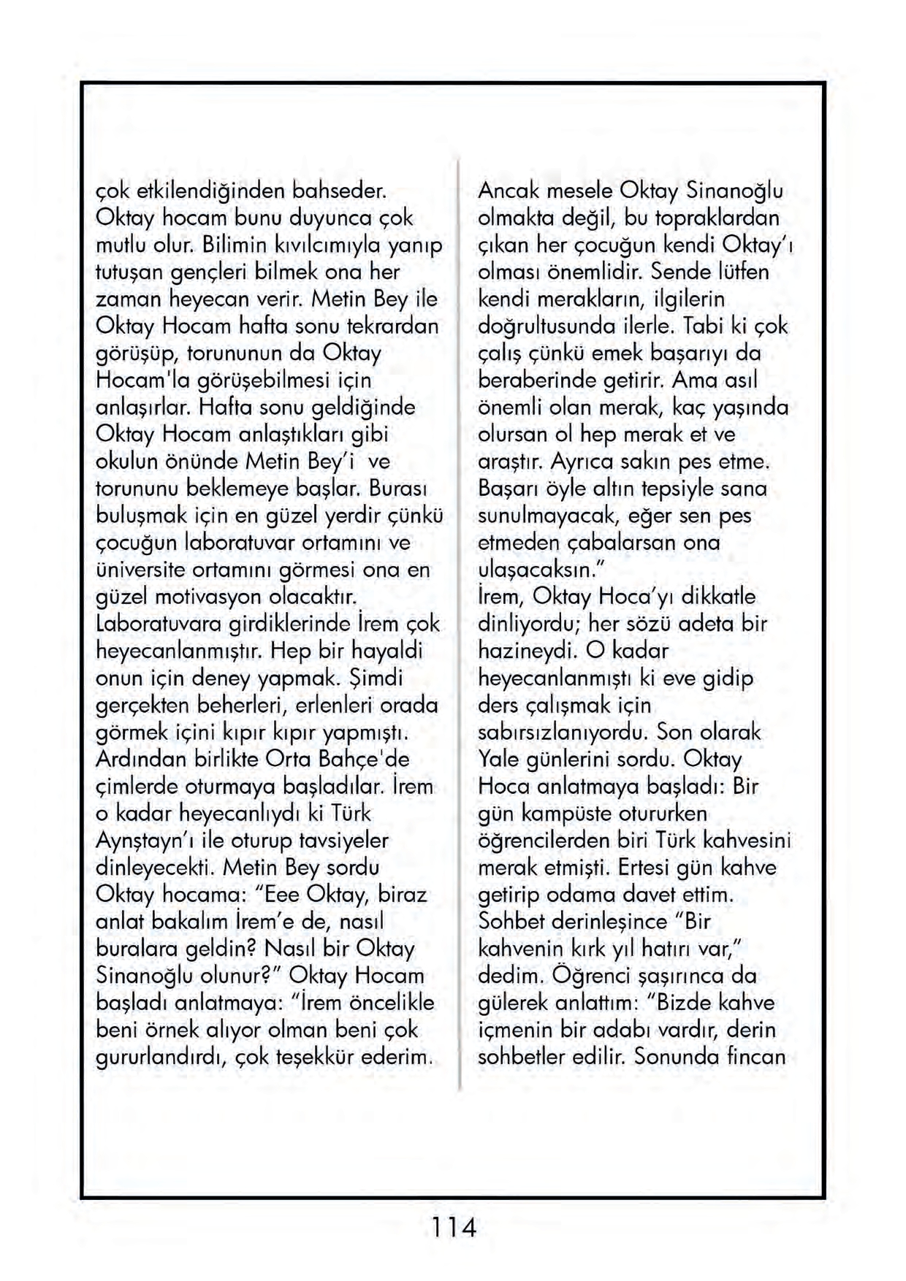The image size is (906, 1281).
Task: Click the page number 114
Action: [453, 1226]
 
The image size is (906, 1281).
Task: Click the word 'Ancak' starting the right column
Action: [509, 191]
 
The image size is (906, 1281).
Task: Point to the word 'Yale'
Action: [498, 759]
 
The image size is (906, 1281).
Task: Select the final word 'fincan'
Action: [755, 1057]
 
